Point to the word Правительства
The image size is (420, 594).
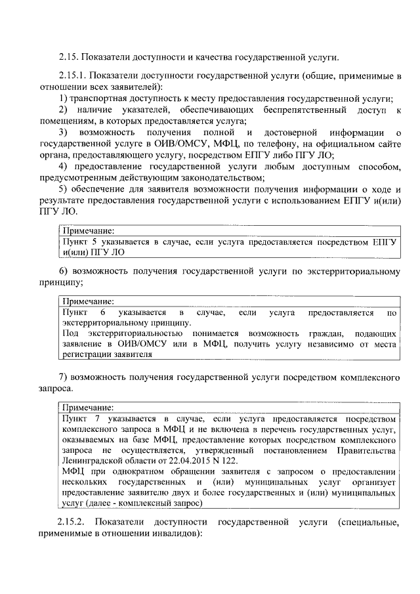(367, 451)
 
